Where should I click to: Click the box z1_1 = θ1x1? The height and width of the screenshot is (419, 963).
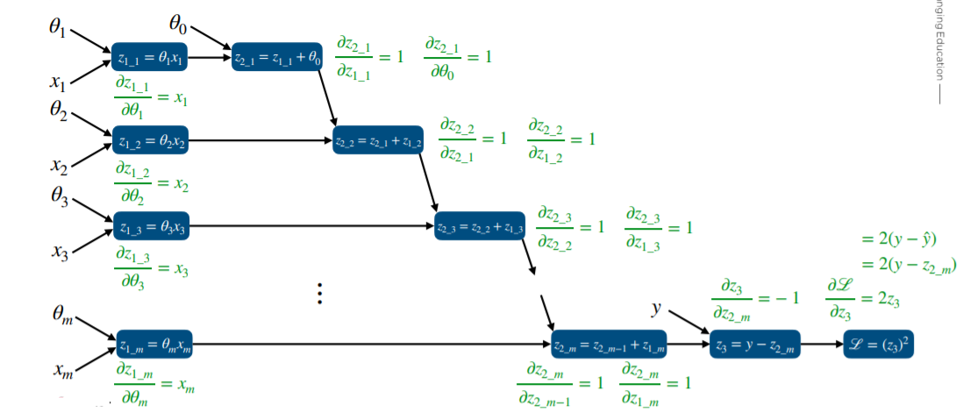(151, 58)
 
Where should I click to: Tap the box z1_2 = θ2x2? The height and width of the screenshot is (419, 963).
(151, 139)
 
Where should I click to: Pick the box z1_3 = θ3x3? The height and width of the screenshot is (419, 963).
(151, 227)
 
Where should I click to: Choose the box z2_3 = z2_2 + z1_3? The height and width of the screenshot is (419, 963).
(481, 227)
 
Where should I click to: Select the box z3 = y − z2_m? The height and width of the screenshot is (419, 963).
(755, 344)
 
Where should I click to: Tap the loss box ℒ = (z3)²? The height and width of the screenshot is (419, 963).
(880, 344)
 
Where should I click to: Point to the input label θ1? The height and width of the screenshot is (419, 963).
(58, 27)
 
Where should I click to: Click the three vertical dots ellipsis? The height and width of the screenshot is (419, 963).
(321, 294)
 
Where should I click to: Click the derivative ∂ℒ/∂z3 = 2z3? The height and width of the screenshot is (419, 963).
(863, 299)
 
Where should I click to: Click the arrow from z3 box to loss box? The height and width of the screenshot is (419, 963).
(822, 344)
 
